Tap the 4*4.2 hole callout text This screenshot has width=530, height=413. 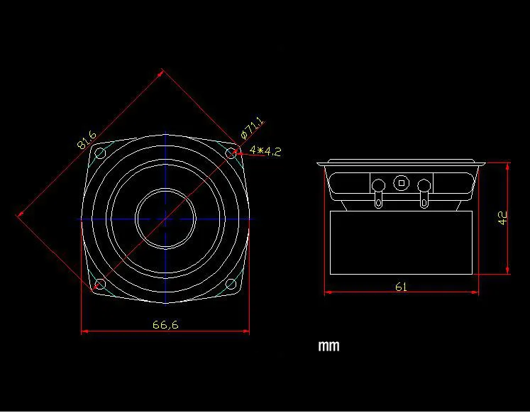(x=265, y=151)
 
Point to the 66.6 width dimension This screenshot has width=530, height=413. (x=165, y=325)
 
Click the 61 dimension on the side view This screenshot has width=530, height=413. (x=401, y=287)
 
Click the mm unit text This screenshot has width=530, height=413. (x=329, y=346)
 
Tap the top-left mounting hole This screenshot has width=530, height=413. (x=100, y=154)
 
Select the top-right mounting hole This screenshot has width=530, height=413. (x=231, y=153)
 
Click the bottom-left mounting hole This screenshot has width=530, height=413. (x=100, y=285)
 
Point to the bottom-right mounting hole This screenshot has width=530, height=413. (x=231, y=285)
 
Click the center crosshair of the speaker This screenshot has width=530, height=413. (x=165, y=219)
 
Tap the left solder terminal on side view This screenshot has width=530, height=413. (x=377, y=188)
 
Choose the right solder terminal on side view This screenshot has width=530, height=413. (x=424, y=188)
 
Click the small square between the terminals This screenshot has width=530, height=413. (x=402, y=182)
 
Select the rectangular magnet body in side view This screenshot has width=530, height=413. (x=401, y=241)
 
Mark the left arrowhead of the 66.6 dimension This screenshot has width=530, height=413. (x=84, y=331)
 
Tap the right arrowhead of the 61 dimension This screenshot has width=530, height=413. (x=475, y=291)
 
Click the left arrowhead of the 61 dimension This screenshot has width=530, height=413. (x=327, y=291)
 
